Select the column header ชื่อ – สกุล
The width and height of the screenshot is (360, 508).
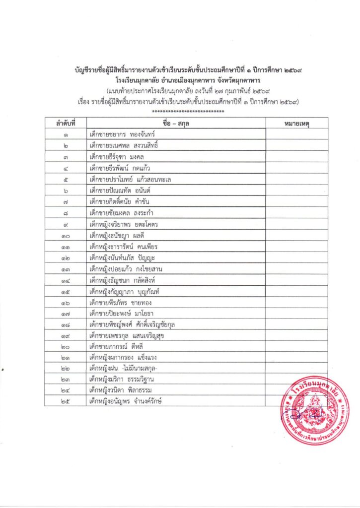pos(176,122)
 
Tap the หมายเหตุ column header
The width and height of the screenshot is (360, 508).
pos(296,122)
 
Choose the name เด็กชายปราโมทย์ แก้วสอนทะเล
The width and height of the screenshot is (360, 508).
pos(131,179)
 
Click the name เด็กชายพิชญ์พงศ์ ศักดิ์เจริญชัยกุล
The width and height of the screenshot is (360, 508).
pos(132,325)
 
